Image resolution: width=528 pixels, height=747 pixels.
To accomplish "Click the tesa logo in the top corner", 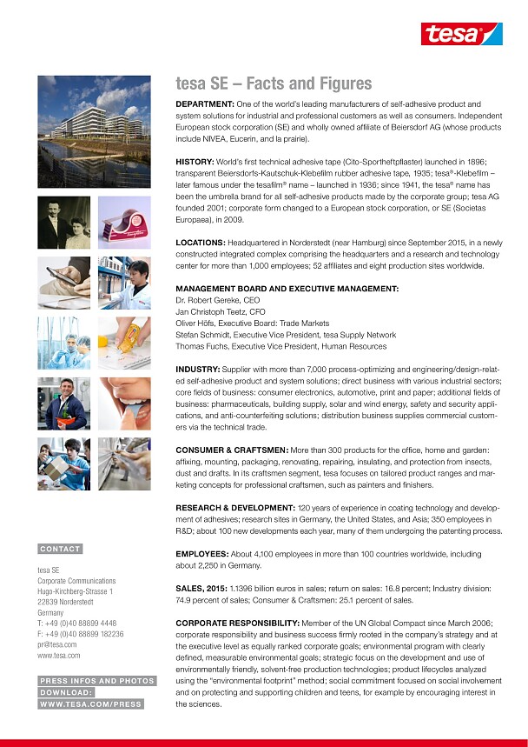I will click(461, 34).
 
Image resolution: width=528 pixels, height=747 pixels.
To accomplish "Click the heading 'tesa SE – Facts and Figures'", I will click(273, 84).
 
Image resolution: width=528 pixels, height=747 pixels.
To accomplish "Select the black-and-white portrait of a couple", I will click(63, 223).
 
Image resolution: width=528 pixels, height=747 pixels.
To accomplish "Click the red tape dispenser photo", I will click(123, 223).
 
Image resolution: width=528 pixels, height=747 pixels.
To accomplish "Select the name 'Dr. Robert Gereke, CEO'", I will click(217, 300).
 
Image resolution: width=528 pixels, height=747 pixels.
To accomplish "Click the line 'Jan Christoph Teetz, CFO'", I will click(221, 311).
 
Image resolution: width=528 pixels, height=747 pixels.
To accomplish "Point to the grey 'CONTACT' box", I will click(60, 549).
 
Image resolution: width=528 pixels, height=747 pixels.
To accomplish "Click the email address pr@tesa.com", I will click(57, 644).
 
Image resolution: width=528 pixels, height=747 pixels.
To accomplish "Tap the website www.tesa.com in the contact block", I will click(58, 656).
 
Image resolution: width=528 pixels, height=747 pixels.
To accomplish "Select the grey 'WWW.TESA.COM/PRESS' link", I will click(90, 704).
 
